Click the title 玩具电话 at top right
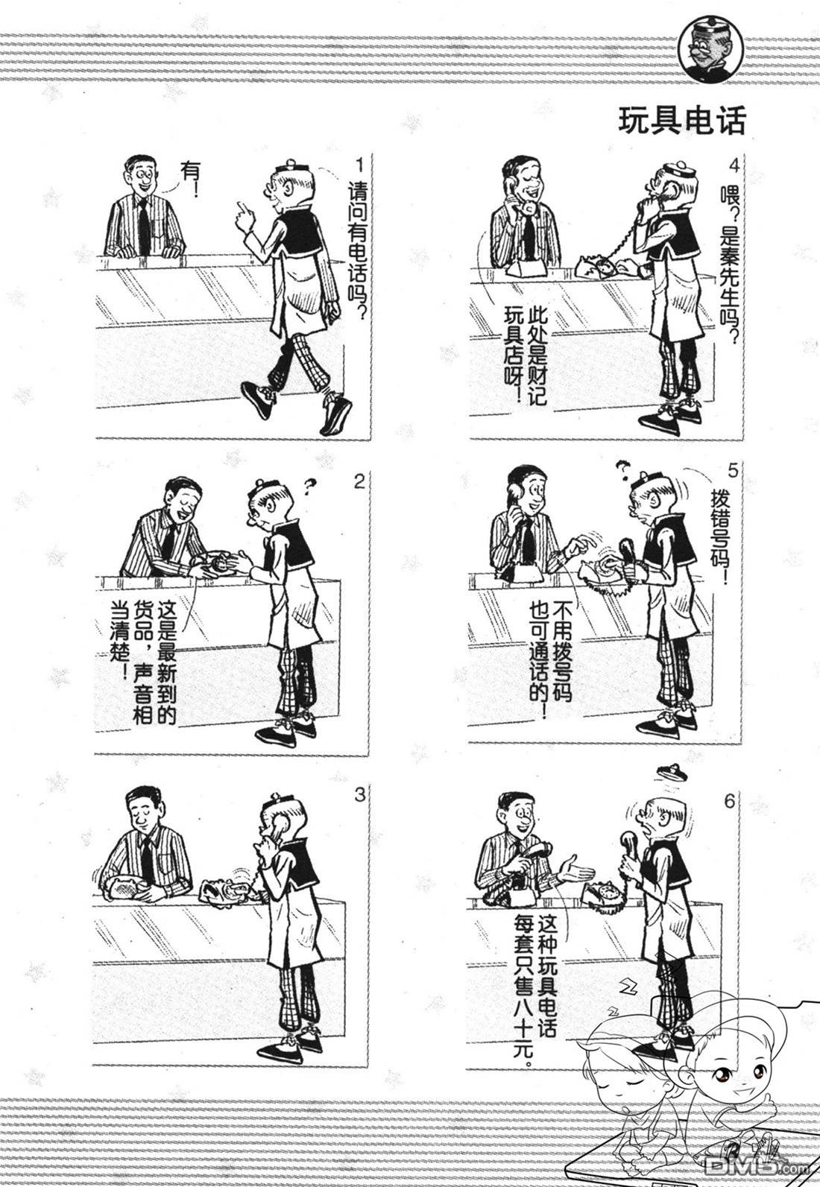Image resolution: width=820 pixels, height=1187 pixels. pos(681,121)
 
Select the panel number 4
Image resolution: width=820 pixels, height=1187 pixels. pos(734,166)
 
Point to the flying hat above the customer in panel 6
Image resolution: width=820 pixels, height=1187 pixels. pos(672,771)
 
